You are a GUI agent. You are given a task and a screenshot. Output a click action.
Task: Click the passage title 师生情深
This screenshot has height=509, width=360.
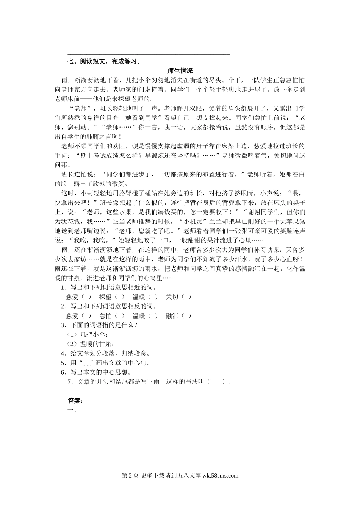180,71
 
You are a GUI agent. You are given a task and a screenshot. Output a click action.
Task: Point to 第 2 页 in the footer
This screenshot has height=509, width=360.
130,476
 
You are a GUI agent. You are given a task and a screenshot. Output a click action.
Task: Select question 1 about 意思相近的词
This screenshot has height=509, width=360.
109,287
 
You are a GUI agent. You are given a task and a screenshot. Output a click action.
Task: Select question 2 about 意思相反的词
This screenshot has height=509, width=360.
109,306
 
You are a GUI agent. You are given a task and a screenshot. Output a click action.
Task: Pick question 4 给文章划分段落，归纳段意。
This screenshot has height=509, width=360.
106,353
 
